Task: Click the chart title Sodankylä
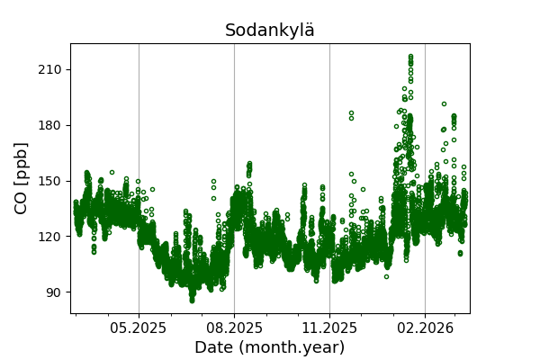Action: coord(270,31)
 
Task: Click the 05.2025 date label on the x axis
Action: coord(139,328)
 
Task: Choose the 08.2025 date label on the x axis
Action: coord(234,328)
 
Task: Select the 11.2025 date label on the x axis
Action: coord(329,328)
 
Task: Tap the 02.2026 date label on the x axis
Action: coord(425,328)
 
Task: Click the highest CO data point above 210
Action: coord(410,57)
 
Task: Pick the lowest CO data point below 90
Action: coord(192,301)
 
